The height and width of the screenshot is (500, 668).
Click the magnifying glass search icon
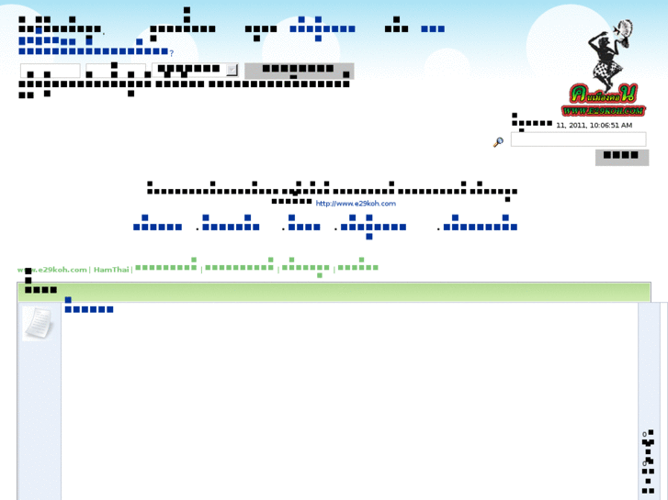pyautogui.click(x=498, y=142)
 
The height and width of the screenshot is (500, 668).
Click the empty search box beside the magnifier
pyautogui.click(x=578, y=139)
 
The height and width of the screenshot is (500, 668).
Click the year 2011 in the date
pyautogui.click(x=577, y=125)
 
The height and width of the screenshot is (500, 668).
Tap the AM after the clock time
pyautogui.click(x=626, y=125)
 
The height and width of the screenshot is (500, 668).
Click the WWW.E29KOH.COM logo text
pyautogui.click(x=605, y=110)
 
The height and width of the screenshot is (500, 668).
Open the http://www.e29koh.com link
pyautogui.click(x=356, y=203)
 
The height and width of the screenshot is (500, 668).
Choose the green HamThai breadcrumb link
pyautogui.click(x=111, y=270)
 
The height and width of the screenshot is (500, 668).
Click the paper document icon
pyautogui.click(x=38, y=323)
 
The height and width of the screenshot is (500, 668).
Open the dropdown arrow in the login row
pyautogui.click(x=232, y=70)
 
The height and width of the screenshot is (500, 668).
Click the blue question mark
pyautogui.click(x=171, y=53)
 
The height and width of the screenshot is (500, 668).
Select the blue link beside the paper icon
pyautogui.click(x=88, y=309)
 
